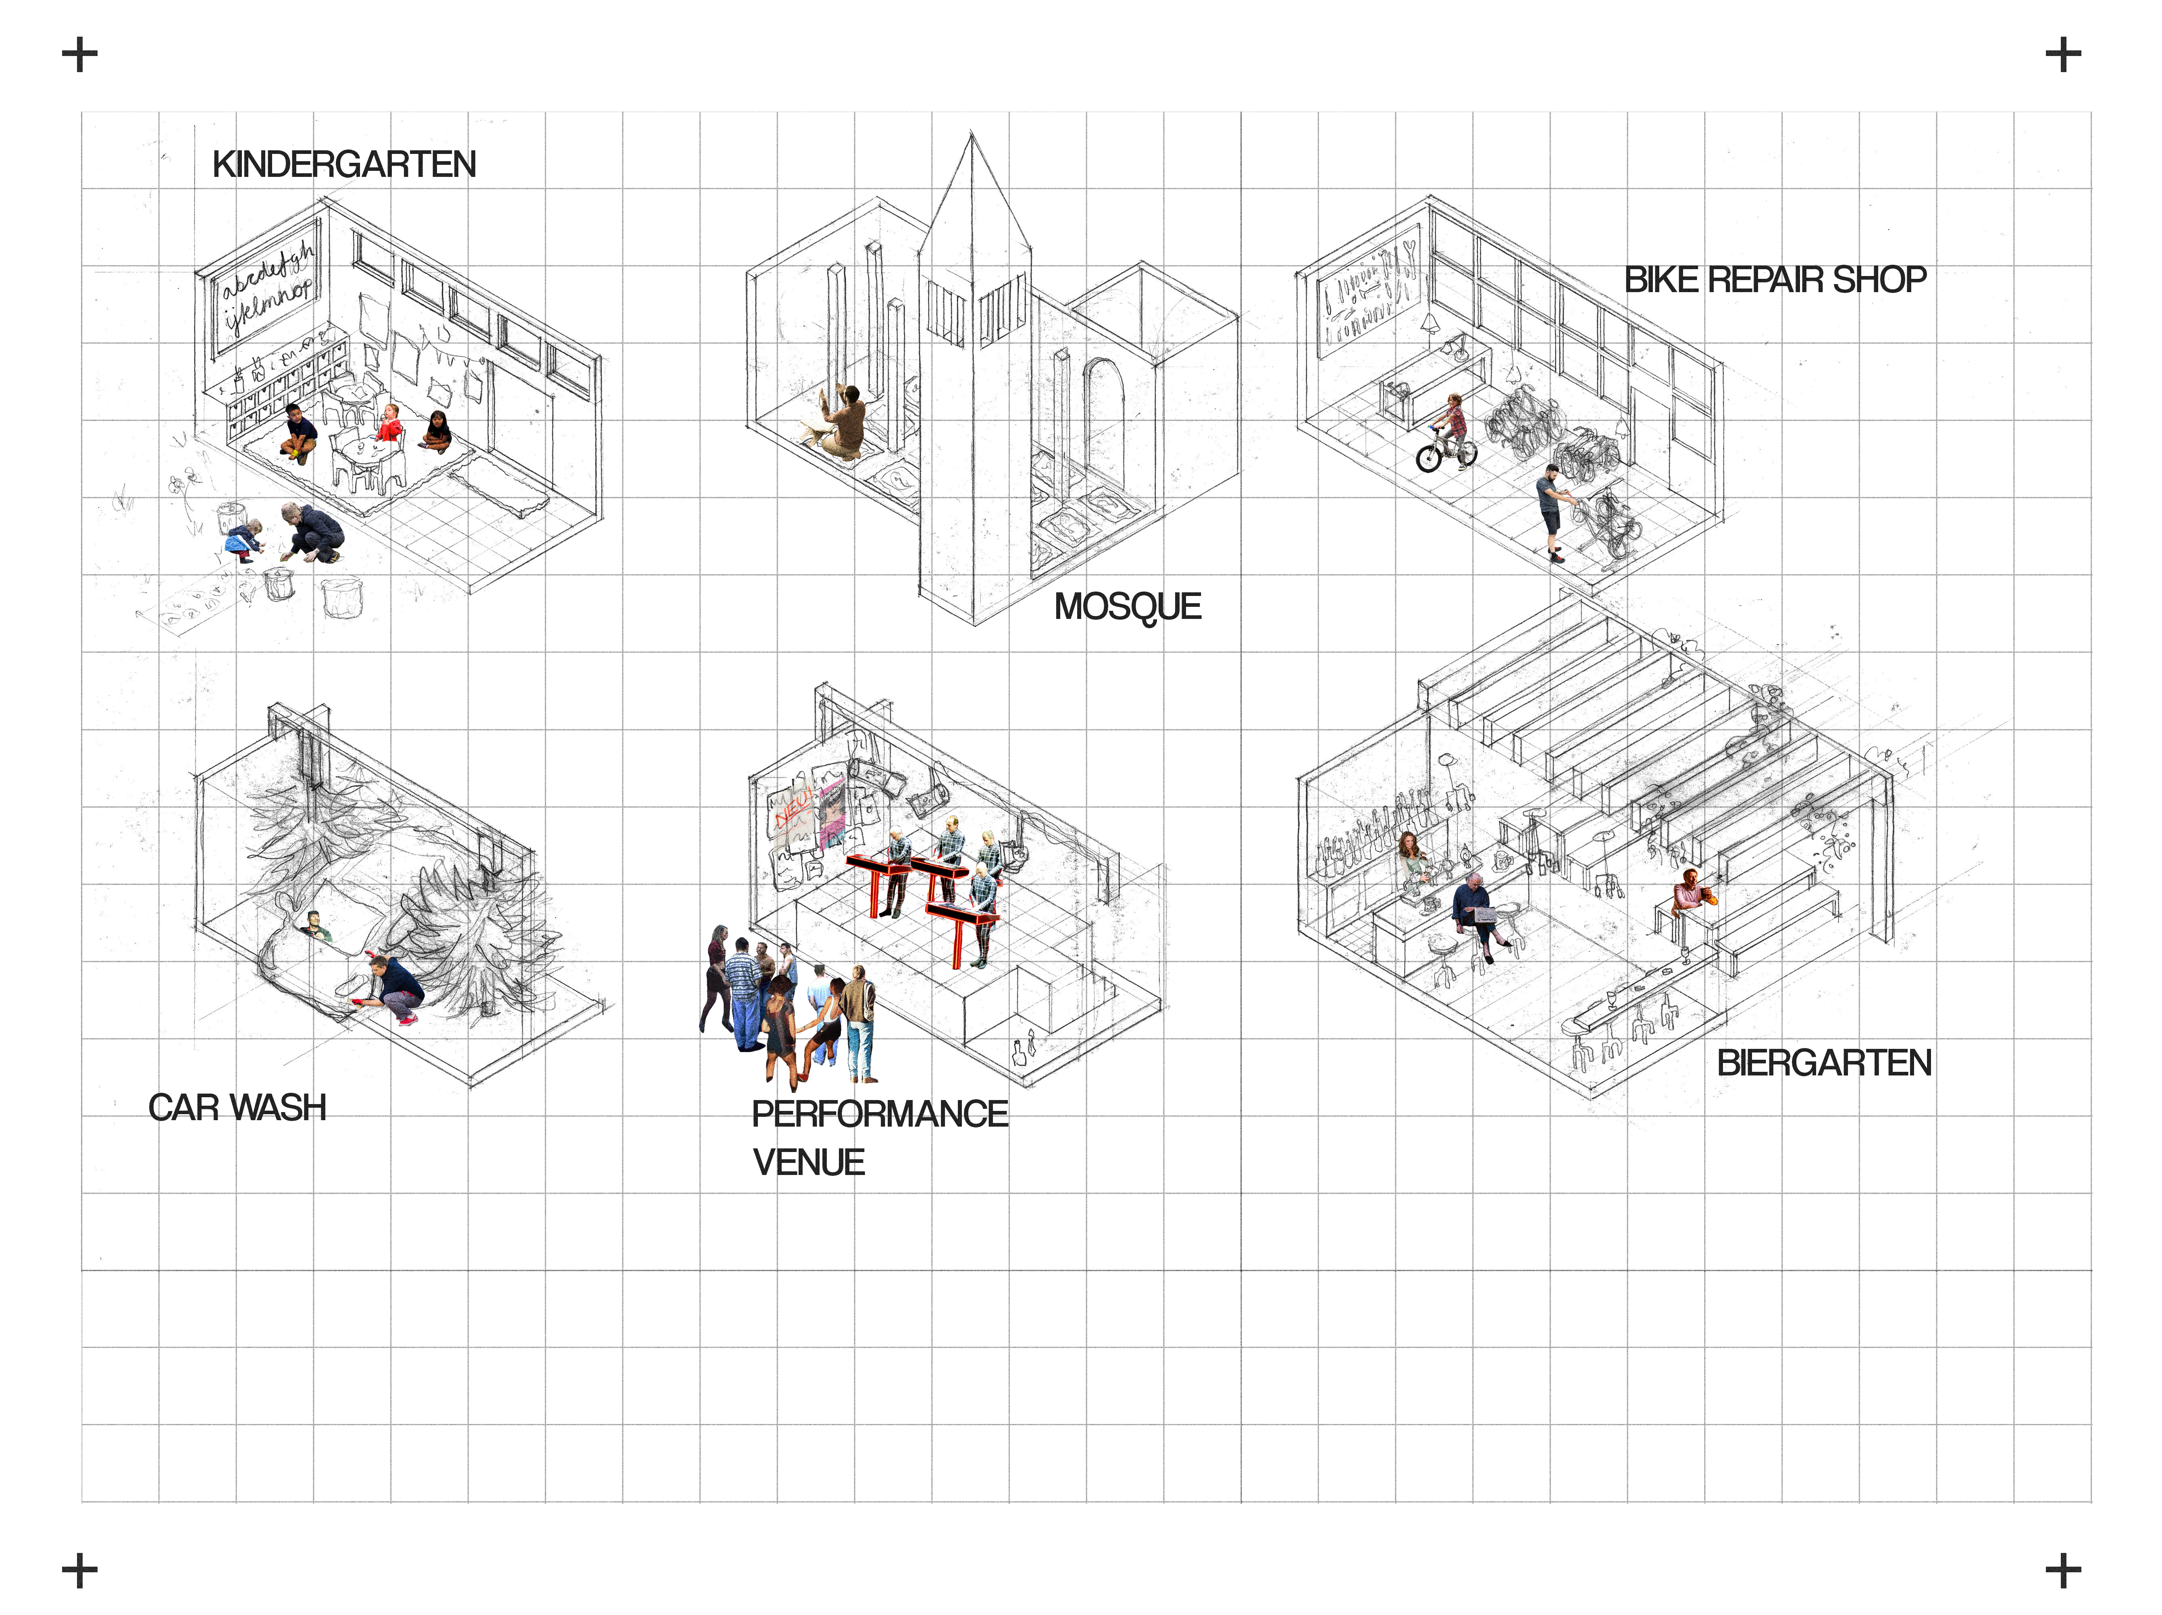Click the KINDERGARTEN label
(344, 164)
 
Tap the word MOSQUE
(1127, 607)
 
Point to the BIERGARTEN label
(1824, 1063)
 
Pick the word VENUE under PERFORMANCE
(808, 1162)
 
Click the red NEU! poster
(792, 811)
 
